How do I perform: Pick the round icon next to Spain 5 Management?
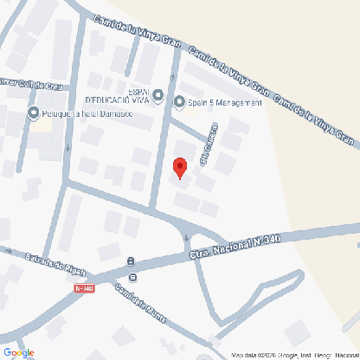click(x=180, y=102)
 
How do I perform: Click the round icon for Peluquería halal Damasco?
click(x=34, y=114)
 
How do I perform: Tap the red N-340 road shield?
click(x=84, y=288)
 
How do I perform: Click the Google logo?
click(x=18, y=351)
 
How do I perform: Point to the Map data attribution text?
click(x=292, y=355)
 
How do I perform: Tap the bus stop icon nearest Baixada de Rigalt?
click(x=130, y=260)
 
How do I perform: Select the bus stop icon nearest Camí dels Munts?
click(x=133, y=278)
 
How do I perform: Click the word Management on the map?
click(x=237, y=102)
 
